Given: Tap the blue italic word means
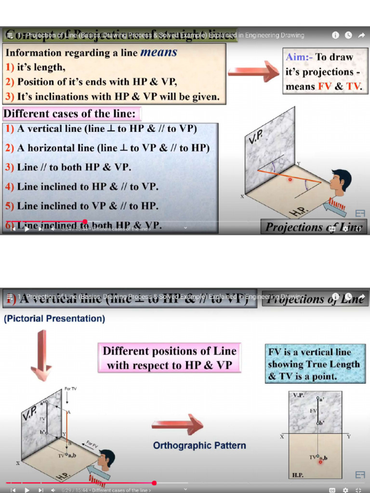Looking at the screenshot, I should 159,52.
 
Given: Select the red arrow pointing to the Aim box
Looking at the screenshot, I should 253,71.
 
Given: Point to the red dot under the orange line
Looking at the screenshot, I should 290,180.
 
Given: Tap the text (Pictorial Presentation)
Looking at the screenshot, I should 54,319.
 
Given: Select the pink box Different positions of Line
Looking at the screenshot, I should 169,358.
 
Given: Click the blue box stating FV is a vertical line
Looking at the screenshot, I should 315,363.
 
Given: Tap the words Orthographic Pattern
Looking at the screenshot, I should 199,445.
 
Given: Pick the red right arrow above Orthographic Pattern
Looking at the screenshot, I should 177,424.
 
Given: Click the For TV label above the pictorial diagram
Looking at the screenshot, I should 70,389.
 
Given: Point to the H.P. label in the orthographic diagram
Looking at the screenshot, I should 298,474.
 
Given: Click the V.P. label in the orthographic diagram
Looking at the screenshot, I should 299,395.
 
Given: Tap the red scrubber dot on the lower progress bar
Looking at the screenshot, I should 154,483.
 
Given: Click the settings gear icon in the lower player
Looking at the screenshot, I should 345,490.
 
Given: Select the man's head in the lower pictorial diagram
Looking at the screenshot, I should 106,459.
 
